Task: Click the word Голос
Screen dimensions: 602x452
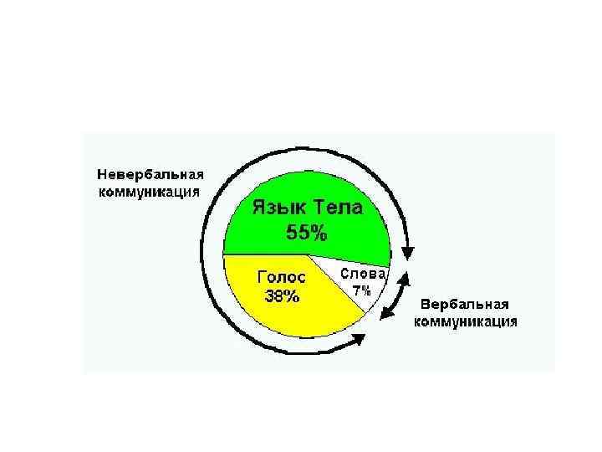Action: coord(281,275)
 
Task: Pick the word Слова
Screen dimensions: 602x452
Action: coord(362,274)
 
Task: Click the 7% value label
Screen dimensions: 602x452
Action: coord(361,290)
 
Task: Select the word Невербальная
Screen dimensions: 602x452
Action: coord(150,174)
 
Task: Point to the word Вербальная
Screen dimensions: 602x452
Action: coord(464,303)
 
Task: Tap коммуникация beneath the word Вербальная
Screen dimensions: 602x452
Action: coord(466,321)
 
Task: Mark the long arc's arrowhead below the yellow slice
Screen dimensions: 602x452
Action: coord(358,340)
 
